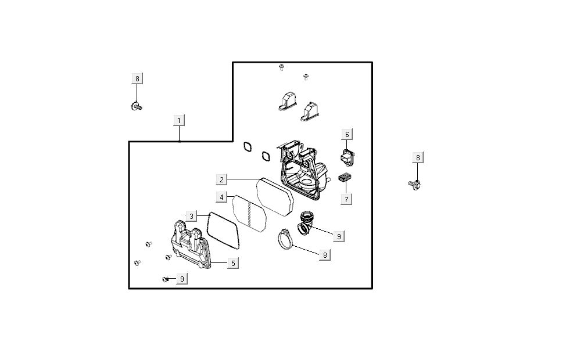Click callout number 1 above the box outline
pyautogui.click(x=180, y=120)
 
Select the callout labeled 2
pyautogui.click(x=221, y=179)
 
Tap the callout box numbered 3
pyautogui.click(x=191, y=216)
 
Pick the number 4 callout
pyautogui.click(x=221, y=197)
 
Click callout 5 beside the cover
pyautogui.click(x=232, y=263)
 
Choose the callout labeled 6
pyautogui.click(x=347, y=135)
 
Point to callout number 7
pyautogui.click(x=346, y=199)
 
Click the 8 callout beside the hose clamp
pyautogui.click(x=324, y=254)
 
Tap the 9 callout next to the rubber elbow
pyautogui.click(x=338, y=236)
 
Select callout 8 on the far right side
pyautogui.click(x=418, y=157)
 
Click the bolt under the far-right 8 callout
pyautogui.click(x=415, y=185)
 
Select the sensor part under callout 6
pyautogui.click(x=347, y=156)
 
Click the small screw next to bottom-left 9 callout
pyautogui.click(x=166, y=279)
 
